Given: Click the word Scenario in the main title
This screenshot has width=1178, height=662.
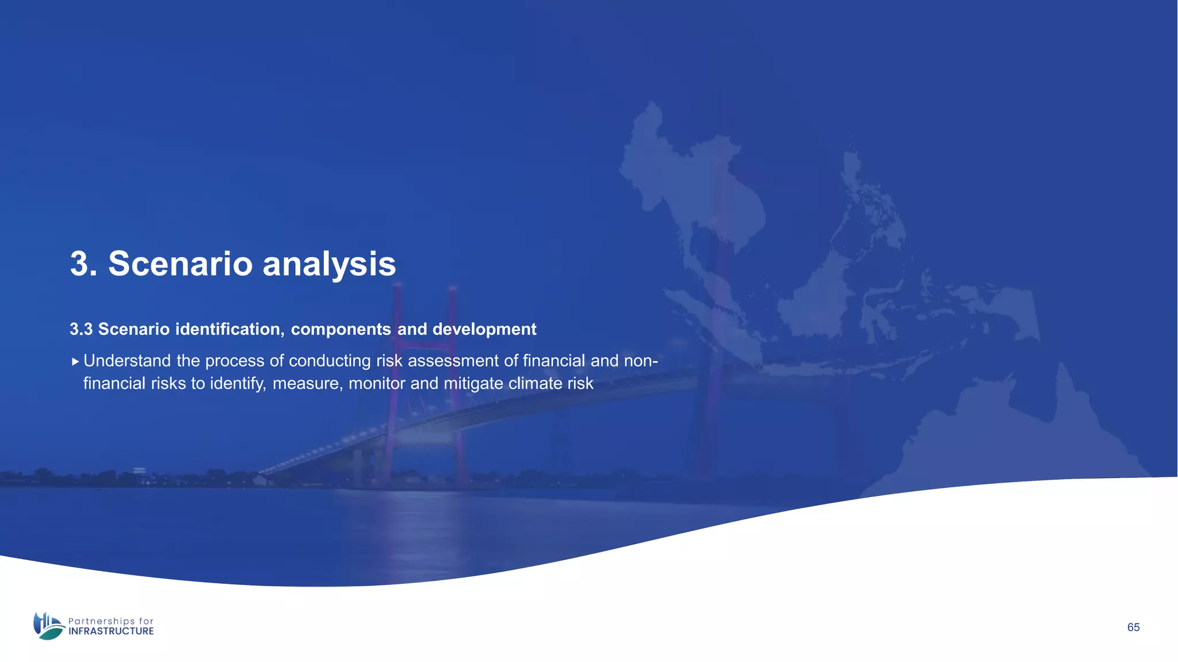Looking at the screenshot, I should [180, 264].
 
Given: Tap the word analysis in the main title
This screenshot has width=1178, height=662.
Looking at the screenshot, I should [329, 264].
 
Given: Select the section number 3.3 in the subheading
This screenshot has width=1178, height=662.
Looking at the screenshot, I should [81, 329].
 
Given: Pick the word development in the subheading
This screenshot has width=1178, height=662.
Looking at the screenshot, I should [484, 329].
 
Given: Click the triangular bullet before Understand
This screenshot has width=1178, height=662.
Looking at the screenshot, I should [75, 361].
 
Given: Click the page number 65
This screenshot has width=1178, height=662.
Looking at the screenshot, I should [1133, 628].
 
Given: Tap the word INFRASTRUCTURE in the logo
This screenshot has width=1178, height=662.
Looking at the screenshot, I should [111, 631].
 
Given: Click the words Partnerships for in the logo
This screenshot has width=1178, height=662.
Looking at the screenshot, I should [111, 621].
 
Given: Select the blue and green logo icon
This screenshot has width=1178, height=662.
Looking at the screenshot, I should [48, 626].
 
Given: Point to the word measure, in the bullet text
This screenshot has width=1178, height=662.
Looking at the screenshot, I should [308, 383].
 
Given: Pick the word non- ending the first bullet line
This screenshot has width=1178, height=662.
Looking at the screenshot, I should [641, 361].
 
